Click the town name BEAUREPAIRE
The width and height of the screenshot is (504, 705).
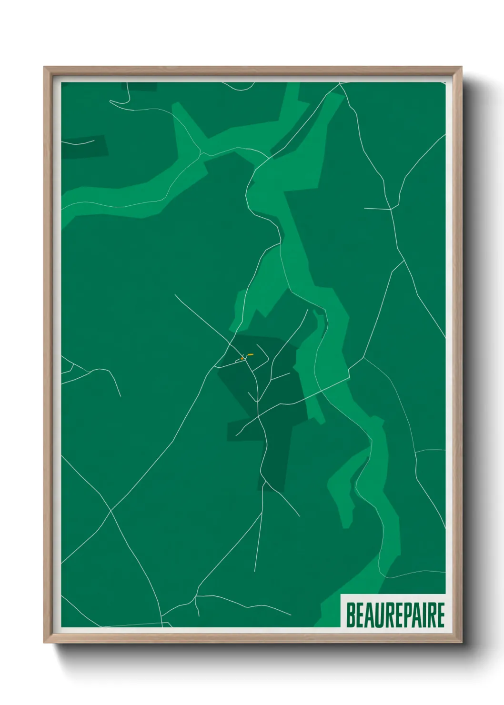[x=394, y=615]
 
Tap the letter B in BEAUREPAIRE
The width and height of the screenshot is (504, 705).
[x=350, y=615]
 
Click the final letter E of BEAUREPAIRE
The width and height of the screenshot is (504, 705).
[x=440, y=615]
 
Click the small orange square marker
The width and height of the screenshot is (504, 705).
[x=242, y=358]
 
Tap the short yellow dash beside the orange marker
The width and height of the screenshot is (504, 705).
[x=251, y=354]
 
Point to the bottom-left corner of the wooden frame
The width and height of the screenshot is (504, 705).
[x=45, y=642]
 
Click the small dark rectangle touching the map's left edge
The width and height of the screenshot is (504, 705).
[x=83, y=147]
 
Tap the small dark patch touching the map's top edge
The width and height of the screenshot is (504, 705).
[x=139, y=86]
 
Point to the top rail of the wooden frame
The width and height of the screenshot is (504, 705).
[x=252, y=70]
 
